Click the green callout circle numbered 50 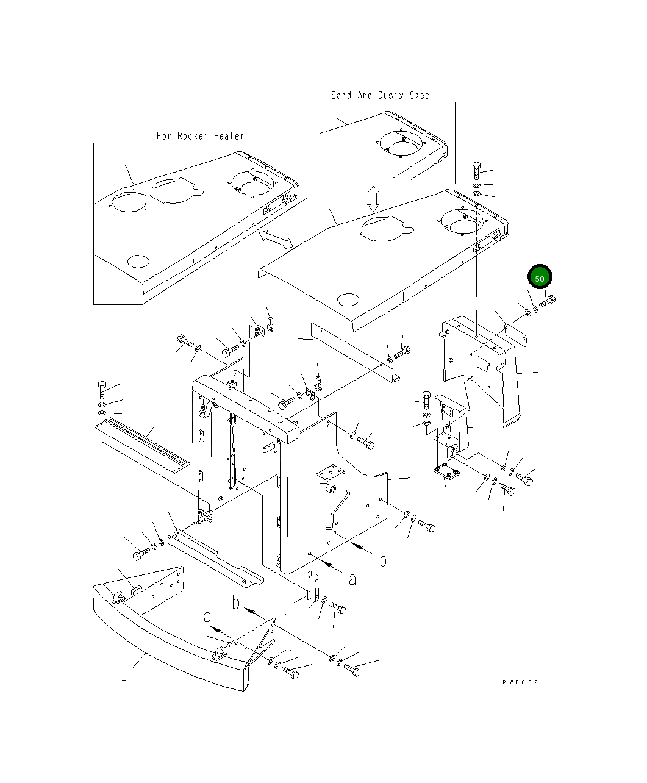[x=539, y=277]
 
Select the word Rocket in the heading [x=192, y=136]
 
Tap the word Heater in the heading [x=229, y=136]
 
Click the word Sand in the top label [x=341, y=95]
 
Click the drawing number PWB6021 [x=523, y=682]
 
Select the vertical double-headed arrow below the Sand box [x=373, y=199]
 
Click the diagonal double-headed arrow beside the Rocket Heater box [x=276, y=240]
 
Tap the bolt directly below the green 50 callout [x=547, y=301]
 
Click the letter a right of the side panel [x=352, y=580]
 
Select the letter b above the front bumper [x=235, y=603]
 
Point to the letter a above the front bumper [x=207, y=617]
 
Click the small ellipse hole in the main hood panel [x=348, y=299]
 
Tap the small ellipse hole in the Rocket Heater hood [x=138, y=262]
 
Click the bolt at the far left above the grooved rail [x=102, y=390]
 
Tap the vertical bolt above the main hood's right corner [x=476, y=171]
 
